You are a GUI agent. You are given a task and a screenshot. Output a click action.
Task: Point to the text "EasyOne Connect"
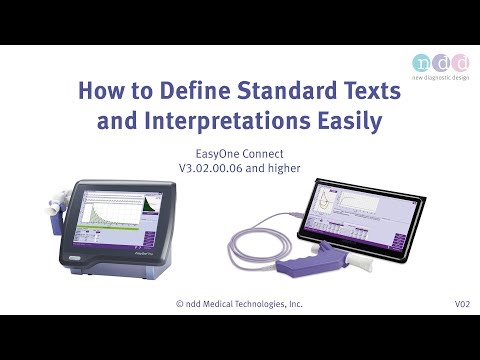239,153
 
